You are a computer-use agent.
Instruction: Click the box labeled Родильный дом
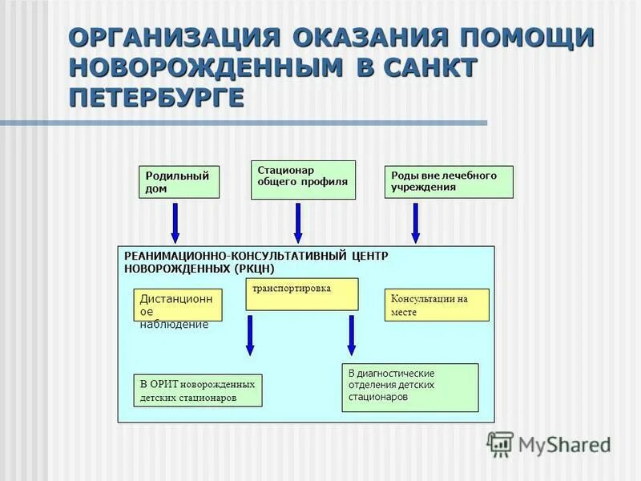179,182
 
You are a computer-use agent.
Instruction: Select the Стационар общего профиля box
303,180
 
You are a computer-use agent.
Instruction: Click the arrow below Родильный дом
175,222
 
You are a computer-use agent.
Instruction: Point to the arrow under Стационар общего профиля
298,222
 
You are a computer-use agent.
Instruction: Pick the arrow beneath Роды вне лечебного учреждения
415,222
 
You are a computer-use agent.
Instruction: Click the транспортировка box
301,294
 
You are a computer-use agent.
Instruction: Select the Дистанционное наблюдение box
177,305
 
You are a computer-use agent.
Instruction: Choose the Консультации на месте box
437,305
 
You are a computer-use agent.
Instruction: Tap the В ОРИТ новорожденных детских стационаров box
199,390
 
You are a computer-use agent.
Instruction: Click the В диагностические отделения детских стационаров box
409,387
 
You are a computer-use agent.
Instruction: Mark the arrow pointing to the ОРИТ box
250,335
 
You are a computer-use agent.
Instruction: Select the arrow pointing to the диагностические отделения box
351,335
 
